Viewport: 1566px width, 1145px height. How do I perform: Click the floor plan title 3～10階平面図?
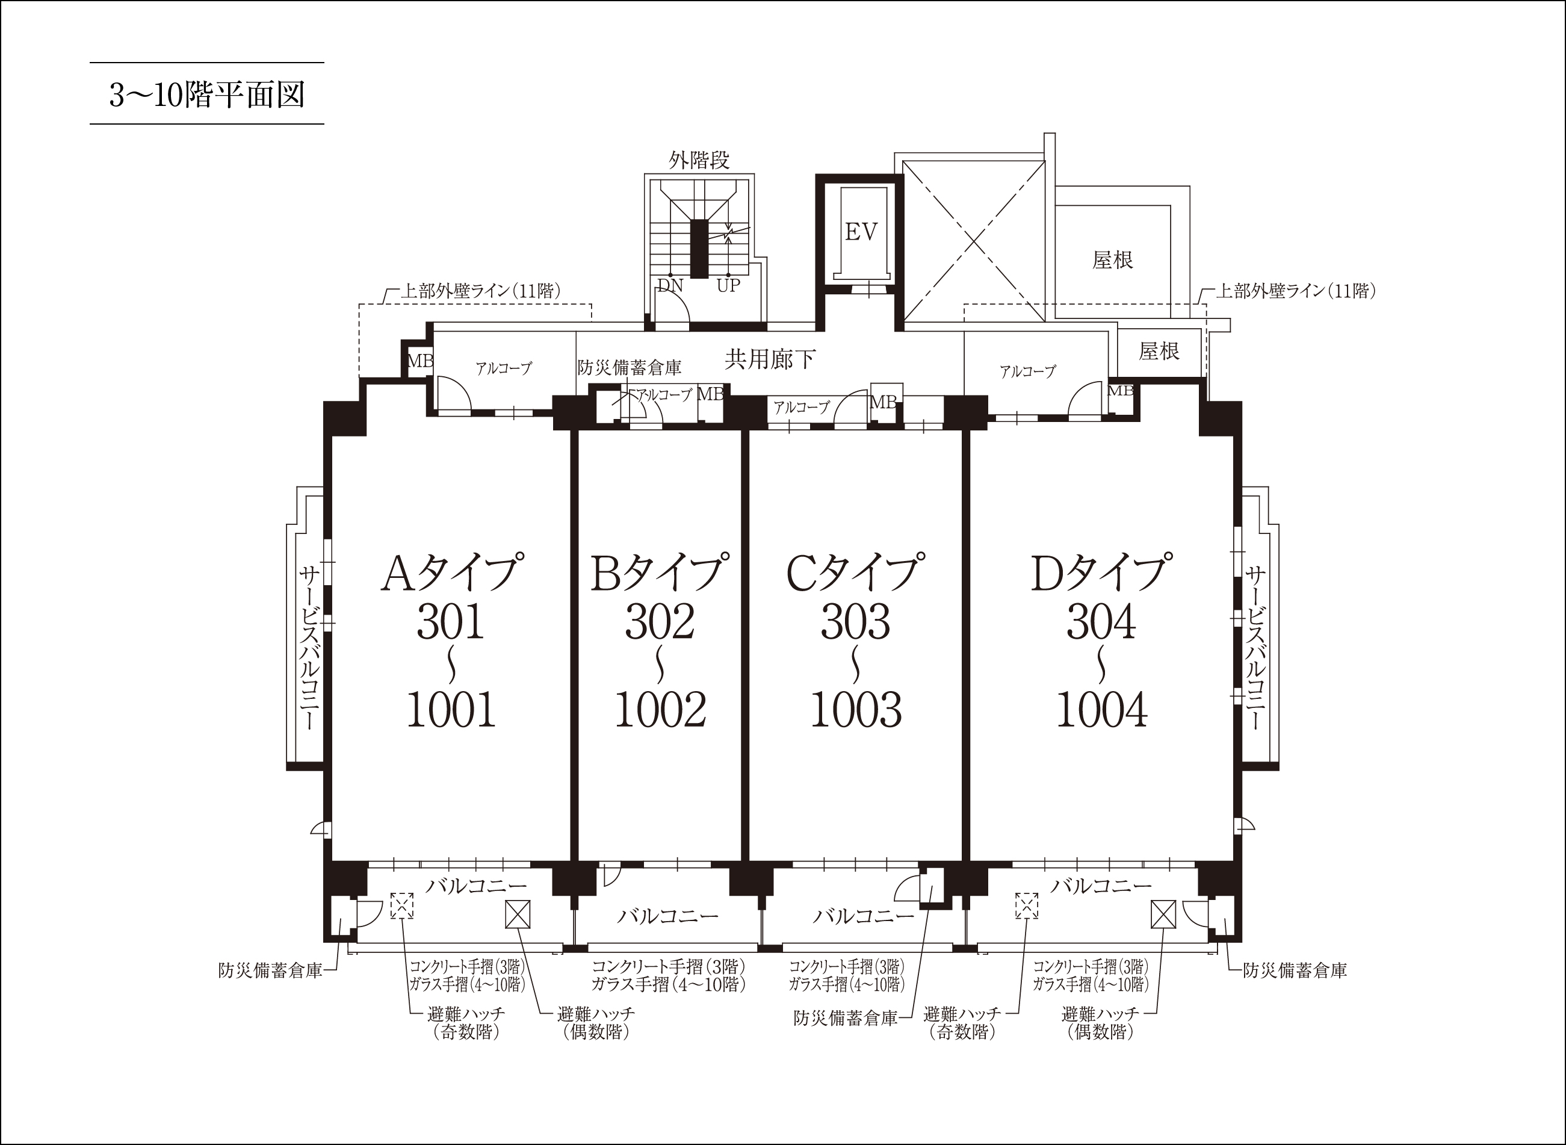(206, 95)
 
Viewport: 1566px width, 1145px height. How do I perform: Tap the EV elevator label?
(861, 232)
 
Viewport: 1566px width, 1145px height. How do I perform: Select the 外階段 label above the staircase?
(699, 161)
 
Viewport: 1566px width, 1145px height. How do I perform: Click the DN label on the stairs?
(670, 285)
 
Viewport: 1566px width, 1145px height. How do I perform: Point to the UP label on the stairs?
(728, 285)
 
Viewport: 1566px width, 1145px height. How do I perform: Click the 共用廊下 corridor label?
(770, 359)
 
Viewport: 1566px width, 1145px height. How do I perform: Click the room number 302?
(660, 622)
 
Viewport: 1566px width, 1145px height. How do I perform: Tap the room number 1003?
(856, 710)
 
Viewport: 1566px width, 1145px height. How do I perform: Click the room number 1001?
(451, 710)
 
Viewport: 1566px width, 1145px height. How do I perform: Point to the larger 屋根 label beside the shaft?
(1113, 260)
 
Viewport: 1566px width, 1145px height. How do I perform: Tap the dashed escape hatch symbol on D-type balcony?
(1027, 906)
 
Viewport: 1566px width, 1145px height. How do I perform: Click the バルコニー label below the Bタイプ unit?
(668, 916)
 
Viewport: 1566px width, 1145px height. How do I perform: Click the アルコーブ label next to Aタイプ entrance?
(504, 368)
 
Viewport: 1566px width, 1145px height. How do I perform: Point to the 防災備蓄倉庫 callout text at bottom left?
(270, 970)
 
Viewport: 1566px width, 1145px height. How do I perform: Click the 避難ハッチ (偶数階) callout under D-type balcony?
(1100, 1023)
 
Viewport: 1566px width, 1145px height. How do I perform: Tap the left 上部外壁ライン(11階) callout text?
(481, 290)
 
